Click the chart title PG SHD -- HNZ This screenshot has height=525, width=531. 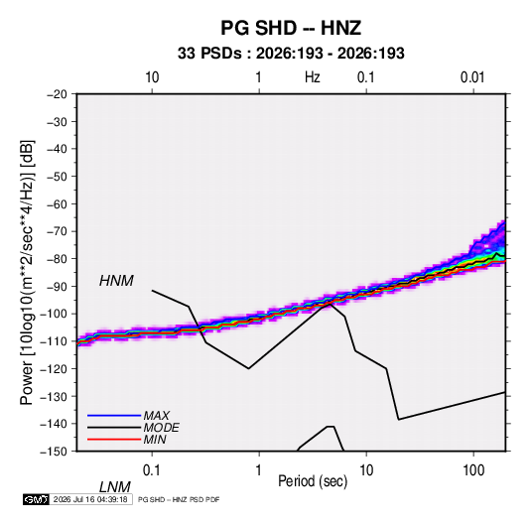pos(291,28)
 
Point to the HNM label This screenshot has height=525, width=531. pos(116,281)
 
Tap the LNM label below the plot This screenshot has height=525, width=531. pos(114,487)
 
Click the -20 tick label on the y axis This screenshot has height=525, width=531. pos(57,94)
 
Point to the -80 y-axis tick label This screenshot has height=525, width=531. pos(57,259)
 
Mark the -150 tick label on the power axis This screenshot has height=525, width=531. pos(54,452)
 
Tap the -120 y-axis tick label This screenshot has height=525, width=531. pos(54,368)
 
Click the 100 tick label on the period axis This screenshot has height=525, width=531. pos(473,470)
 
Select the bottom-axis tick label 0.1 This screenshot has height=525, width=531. pos(152,470)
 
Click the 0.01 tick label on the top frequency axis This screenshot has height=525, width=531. pos(472,77)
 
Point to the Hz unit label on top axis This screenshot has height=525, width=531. pos(313,77)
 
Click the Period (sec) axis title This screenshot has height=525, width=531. pos(313,481)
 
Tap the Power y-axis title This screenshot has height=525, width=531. pos(27,272)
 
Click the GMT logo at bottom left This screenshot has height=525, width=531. pos(36,499)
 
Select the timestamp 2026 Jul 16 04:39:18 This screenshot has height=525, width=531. pos(90,499)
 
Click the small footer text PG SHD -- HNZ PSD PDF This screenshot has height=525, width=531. pos(179,499)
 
